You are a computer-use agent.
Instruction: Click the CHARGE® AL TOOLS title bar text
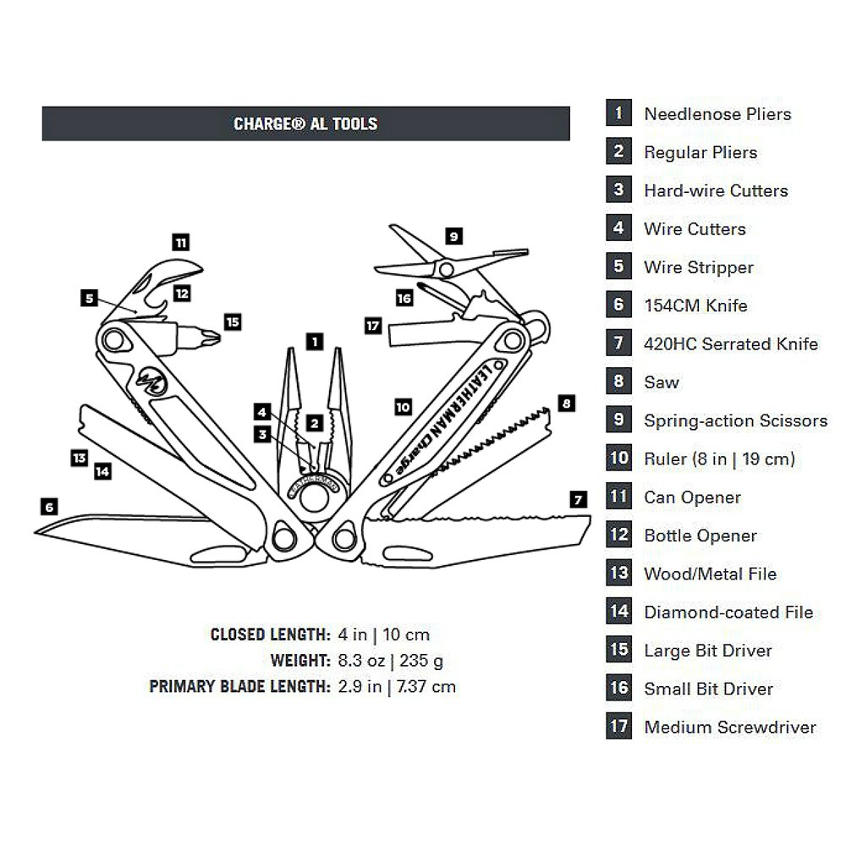[305, 124]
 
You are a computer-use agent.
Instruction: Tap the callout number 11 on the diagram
[180, 242]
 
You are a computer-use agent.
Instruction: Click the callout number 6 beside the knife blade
[49, 506]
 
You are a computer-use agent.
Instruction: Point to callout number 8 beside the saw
[565, 404]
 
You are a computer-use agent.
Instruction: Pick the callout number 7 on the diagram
[578, 499]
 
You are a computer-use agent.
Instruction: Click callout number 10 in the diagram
[403, 406]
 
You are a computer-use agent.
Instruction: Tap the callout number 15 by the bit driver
[233, 321]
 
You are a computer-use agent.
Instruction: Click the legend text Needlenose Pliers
[717, 114]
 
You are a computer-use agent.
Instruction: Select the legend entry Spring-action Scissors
[735, 420]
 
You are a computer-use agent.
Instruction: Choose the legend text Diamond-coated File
[728, 612]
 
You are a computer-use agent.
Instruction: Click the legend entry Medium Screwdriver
[729, 727]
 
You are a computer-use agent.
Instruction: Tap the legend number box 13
[618, 573]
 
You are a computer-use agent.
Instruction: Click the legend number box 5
[618, 266]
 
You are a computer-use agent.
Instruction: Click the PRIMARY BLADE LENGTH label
[239, 686]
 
